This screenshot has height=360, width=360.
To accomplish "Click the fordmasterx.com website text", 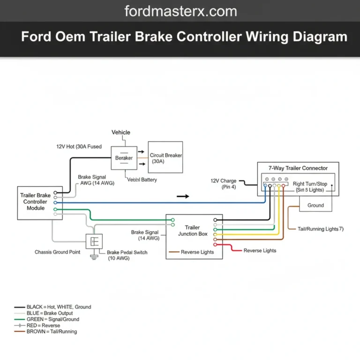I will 180,11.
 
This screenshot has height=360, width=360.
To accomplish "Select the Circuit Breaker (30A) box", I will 165,158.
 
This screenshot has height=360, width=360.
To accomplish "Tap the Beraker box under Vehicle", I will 124,158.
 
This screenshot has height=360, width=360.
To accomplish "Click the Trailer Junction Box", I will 194,237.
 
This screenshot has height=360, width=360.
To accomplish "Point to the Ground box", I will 315,205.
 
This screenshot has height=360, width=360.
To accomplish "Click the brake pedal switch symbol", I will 94,241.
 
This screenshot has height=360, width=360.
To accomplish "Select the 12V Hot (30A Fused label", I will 79,147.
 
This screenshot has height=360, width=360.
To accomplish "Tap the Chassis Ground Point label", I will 57,252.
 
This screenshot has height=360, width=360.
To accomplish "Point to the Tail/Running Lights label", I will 321,229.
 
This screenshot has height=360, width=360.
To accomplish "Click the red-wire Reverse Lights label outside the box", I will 260,251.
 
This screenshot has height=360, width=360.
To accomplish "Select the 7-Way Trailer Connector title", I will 298,168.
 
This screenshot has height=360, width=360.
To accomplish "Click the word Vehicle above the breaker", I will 121,133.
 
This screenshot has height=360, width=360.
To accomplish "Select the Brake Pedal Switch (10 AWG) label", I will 127,255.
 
